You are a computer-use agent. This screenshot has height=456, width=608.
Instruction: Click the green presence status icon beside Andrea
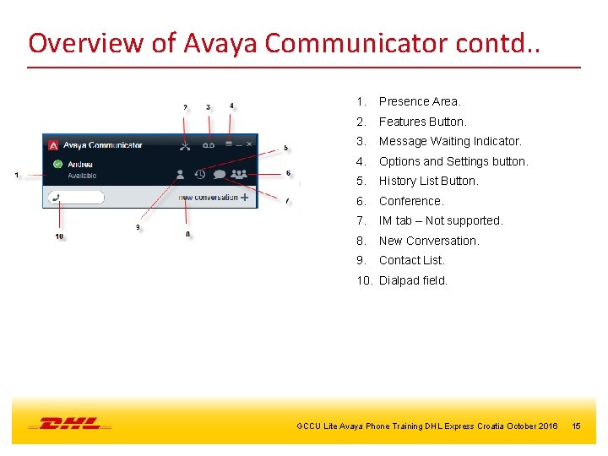click(x=57, y=165)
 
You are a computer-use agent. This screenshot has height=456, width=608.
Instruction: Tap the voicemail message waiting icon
click(x=209, y=145)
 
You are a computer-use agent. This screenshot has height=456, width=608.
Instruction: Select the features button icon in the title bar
click(x=186, y=145)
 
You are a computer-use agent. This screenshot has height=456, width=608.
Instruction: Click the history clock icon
click(x=200, y=175)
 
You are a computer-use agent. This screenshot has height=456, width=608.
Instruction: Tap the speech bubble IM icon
click(x=219, y=175)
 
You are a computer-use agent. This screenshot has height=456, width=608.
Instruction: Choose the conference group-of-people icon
click(x=239, y=175)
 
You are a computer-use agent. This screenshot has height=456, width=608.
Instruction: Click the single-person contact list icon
click(x=180, y=175)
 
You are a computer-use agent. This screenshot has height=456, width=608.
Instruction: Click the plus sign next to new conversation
click(x=244, y=198)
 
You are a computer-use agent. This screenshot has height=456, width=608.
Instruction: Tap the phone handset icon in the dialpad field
click(x=56, y=198)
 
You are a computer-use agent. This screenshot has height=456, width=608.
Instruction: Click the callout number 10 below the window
click(x=59, y=236)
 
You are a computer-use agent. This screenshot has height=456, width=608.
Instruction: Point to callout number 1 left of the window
click(x=17, y=175)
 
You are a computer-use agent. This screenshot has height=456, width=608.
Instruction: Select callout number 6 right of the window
click(x=288, y=173)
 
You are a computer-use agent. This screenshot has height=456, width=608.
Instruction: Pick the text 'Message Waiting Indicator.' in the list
click(x=450, y=141)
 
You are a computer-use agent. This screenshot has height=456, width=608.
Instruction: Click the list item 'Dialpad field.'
click(x=413, y=280)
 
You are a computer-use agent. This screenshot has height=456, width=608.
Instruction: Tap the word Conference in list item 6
click(x=410, y=201)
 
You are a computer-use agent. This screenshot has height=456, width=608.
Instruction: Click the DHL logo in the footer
click(x=69, y=424)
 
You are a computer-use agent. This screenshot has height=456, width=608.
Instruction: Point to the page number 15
click(x=576, y=426)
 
